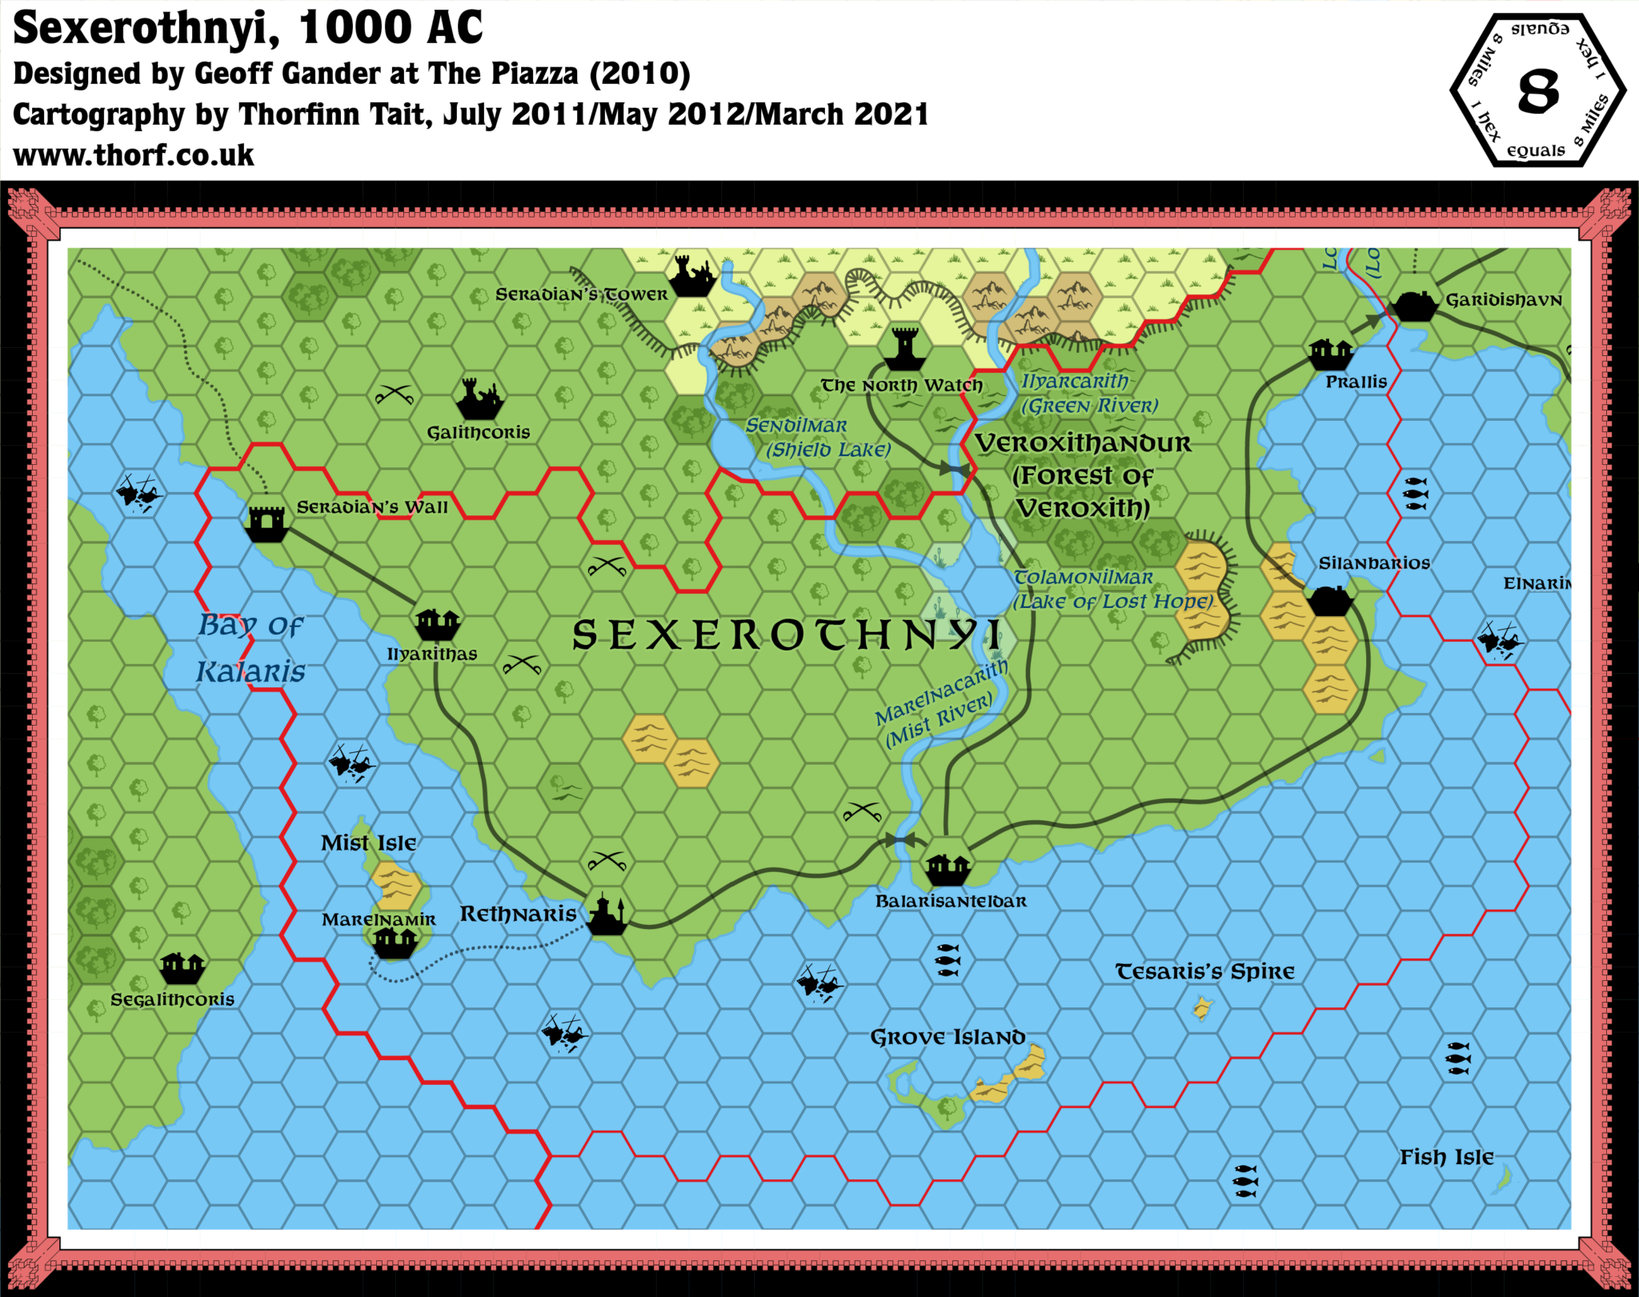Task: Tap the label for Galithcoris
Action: pos(478,433)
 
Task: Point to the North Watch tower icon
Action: pos(905,349)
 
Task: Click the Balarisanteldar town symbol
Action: pos(948,868)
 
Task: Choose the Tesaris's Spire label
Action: pos(1204,971)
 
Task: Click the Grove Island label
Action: pos(948,1038)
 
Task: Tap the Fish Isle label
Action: pos(1446,1157)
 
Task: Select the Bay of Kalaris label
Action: pos(250,648)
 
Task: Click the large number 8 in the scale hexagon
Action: pos(1538,90)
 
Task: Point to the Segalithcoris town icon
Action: pos(182,968)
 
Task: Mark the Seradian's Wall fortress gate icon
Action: pos(266,523)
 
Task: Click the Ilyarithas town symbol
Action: pos(437,622)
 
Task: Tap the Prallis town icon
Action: pos(1330,353)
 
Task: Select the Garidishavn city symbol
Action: pos(1414,305)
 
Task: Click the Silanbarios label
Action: pos(1374,563)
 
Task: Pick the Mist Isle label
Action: pos(368,843)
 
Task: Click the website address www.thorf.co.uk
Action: pos(134,155)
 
